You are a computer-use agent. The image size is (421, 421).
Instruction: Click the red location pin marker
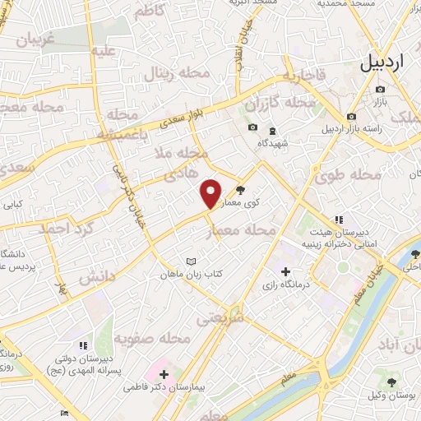(211, 193)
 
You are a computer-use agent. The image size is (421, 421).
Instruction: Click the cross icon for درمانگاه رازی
(285, 271)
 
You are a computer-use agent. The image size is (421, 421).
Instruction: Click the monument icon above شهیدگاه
(272, 131)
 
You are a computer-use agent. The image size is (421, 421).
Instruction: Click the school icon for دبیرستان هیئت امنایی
(337, 220)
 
